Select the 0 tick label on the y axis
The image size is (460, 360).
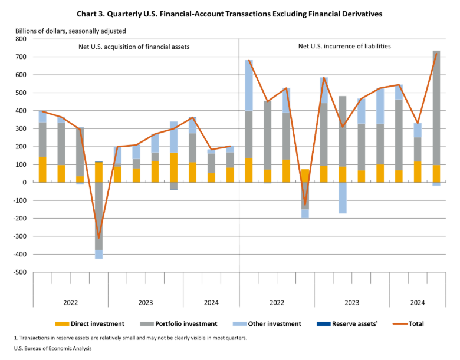tap(24, 183)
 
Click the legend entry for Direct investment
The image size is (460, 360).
tap(90, 323)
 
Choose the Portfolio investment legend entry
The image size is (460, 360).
tap(179, 323)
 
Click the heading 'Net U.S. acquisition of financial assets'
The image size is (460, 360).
tap(134, 46)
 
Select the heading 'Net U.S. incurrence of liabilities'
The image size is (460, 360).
tap(344, 46)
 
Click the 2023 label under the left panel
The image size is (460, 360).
tap(145, 302)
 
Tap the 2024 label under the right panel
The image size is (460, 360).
tap(418, 302)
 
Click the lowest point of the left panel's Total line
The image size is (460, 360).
tap(99, 237)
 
